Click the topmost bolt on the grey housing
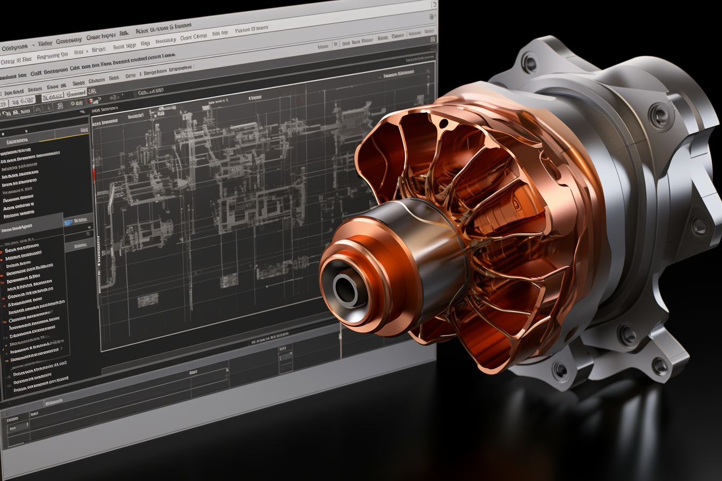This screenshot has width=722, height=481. click(529, 63)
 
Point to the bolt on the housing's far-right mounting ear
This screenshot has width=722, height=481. click(698, 225)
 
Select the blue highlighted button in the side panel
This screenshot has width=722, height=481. click(69, 222)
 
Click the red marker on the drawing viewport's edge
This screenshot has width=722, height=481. click(93, 174)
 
